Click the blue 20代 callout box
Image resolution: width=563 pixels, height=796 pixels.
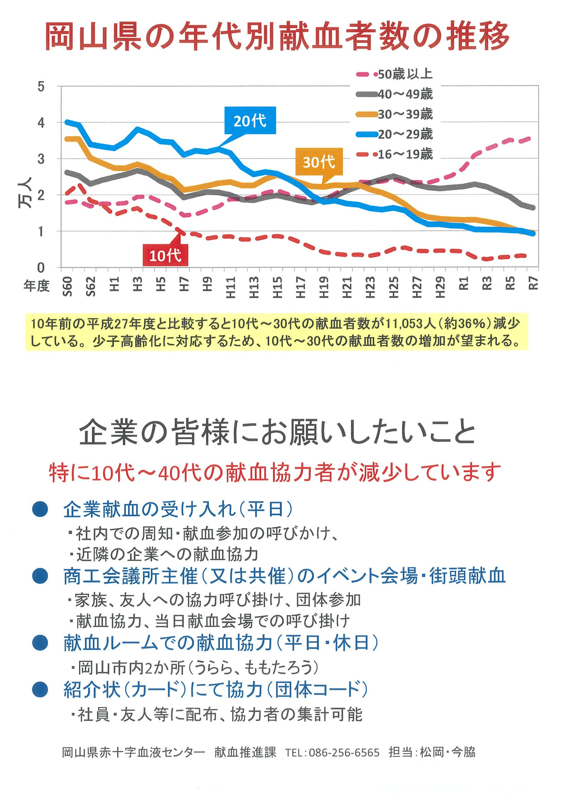[x=250, y=120]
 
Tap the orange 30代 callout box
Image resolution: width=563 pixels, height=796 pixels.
[x=319, y=162]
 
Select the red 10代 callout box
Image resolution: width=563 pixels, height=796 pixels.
[x=165, y=255]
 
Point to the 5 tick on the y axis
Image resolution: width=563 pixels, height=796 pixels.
[x=41, y=86]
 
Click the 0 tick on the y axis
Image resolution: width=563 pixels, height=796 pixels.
[x=41, y=267]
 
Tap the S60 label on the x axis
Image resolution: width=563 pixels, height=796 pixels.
[x=67, y=286]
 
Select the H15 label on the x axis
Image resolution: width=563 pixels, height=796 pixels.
[x=277, y=287]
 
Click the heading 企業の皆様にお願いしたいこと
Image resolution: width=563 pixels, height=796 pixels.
[x=277, y=432]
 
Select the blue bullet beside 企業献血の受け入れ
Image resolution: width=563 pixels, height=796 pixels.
[x=40, y=509]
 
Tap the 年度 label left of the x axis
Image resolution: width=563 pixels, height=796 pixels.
[x=36, y=286]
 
